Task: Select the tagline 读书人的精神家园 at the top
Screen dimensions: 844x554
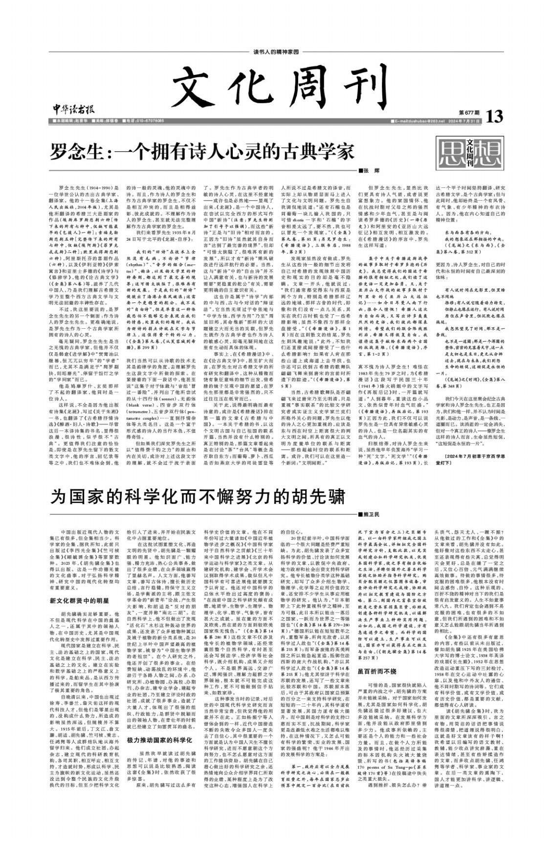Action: tap(276, 52)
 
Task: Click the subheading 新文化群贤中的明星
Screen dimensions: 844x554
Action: tap(79, 600)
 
